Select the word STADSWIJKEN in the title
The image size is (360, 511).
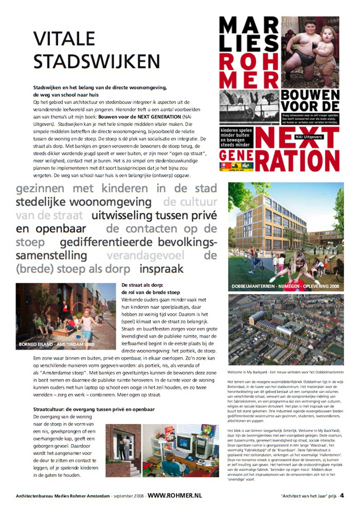click(x=97, y=61)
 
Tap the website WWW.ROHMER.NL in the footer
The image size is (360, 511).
click(x=175, y=496)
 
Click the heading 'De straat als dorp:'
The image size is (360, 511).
click(x=142, y=285)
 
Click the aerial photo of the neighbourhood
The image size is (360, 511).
click(x=285, y=329)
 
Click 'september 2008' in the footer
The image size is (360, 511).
click(x=128, y=496)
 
